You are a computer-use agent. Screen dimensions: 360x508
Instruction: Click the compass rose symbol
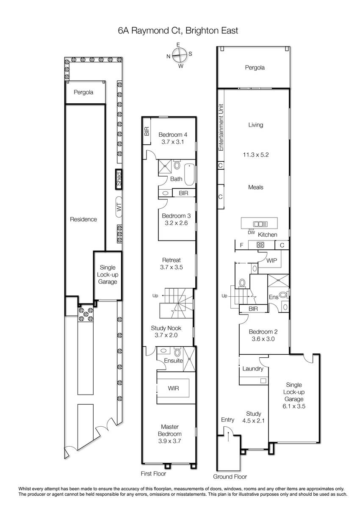tap(180, 55)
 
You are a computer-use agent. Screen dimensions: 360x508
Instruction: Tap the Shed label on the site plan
tap(119, 179)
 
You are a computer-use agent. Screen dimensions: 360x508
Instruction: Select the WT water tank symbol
tap(119, 207)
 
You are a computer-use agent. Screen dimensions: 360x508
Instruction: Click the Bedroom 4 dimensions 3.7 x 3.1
tap(173, 142)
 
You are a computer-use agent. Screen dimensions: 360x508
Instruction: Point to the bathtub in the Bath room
tap(189, 174)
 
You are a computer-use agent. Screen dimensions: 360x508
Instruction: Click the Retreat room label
tap(172, 260)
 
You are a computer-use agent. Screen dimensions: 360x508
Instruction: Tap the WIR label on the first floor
tap(174, 388)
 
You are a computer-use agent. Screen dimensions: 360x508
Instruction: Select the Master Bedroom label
tap(170, 430)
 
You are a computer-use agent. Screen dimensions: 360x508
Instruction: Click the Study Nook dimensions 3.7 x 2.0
tap(166, 335)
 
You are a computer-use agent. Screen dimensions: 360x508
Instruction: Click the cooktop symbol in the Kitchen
tap(260, 245)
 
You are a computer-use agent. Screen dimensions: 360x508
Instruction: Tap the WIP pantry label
tap(271, 261)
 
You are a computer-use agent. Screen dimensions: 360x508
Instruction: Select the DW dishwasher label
tap(251, 232)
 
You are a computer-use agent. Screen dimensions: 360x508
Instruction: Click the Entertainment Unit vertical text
tap(221, 127)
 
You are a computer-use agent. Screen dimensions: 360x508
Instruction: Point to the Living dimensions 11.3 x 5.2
tap(256, 155)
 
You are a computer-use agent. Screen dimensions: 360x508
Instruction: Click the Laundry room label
tap(253, 369)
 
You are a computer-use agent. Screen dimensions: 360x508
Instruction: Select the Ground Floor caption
tap(230, 477)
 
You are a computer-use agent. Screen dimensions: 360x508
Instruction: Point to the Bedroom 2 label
tap(263, 332)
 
